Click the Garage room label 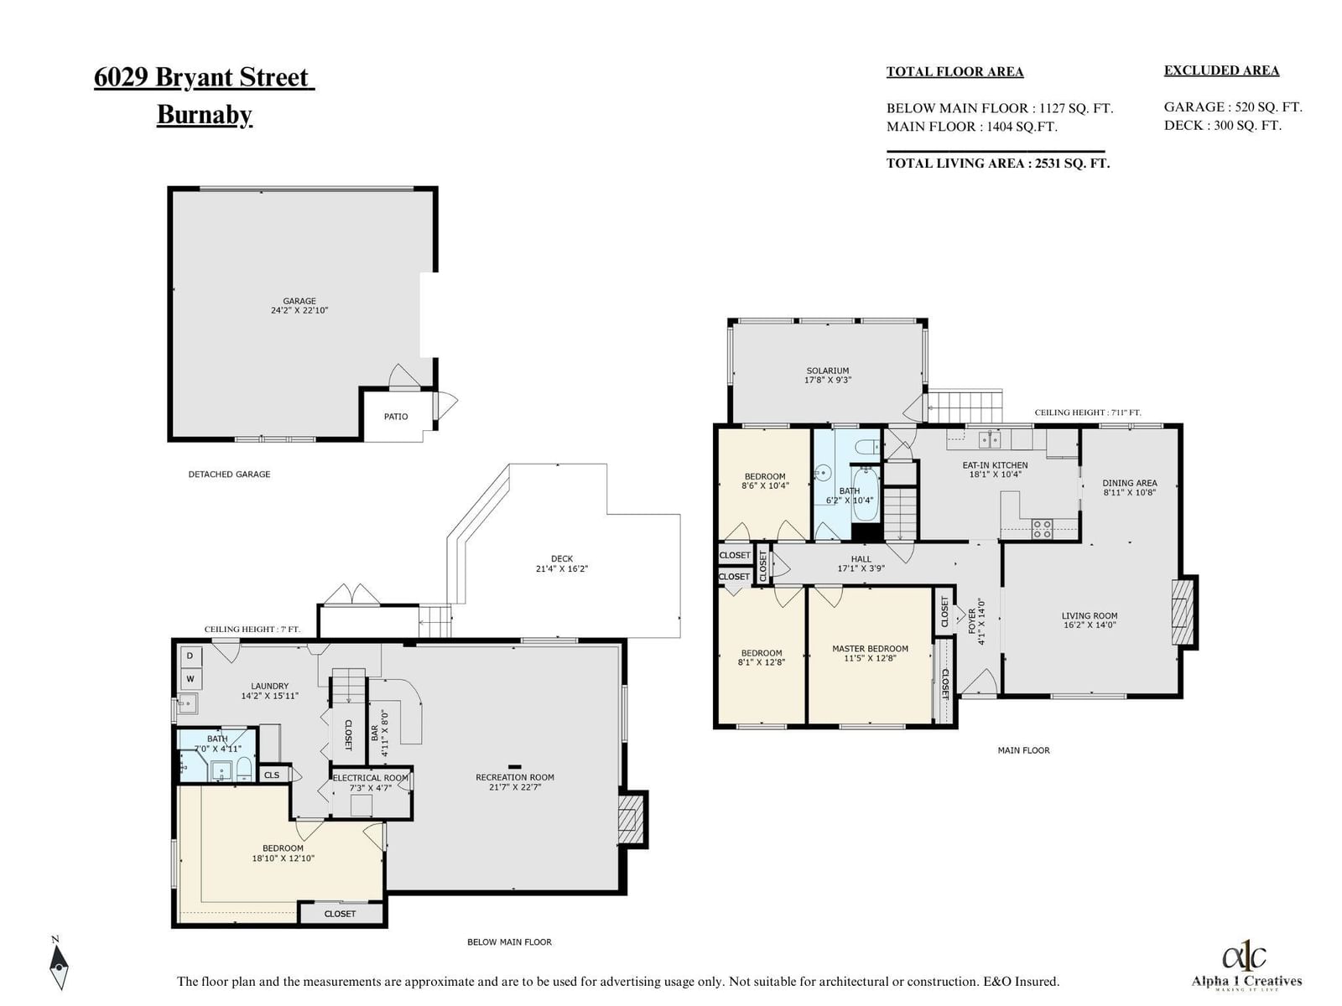(299, 300)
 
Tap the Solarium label (827, 371)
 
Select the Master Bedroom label (870, 648)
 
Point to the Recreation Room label (515, 777)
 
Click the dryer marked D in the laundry (190, 656)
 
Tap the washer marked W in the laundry (190, 678)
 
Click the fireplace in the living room (1183, 611)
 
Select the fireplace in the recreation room (631, 819)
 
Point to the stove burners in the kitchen (1042, 529)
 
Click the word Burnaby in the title (204, 114)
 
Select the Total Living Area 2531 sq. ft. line (998, 163)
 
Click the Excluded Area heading (1221, 70)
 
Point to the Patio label (396, 416)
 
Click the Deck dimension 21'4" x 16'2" (561, 568)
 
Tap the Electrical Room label (371, 778)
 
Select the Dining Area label (1129, 483)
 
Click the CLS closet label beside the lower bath (272, 775)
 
